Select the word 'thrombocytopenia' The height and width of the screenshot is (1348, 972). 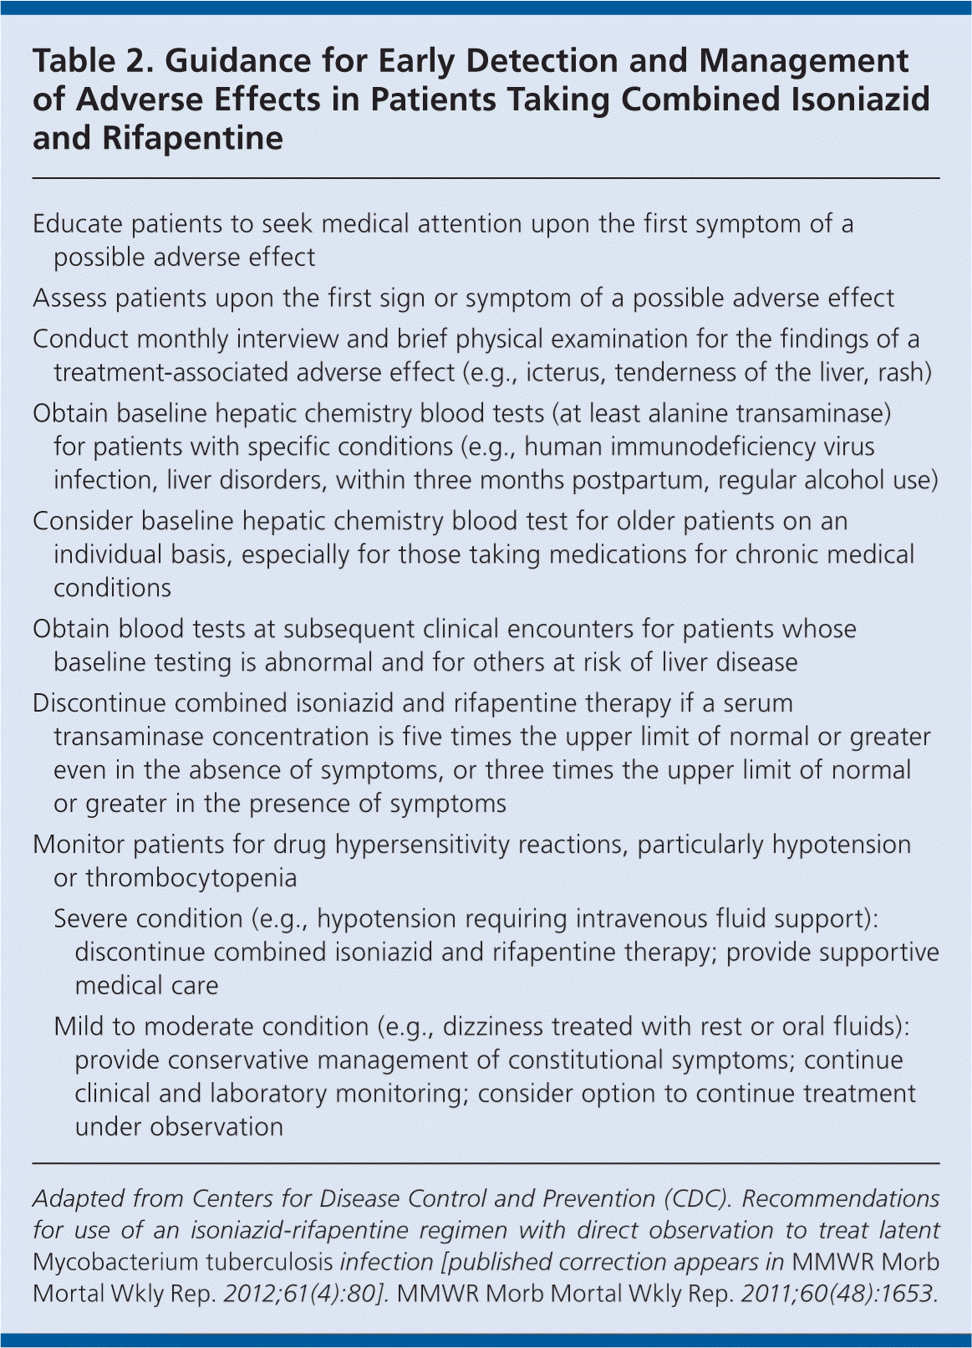pyautogui.click(x=191, y=878)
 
